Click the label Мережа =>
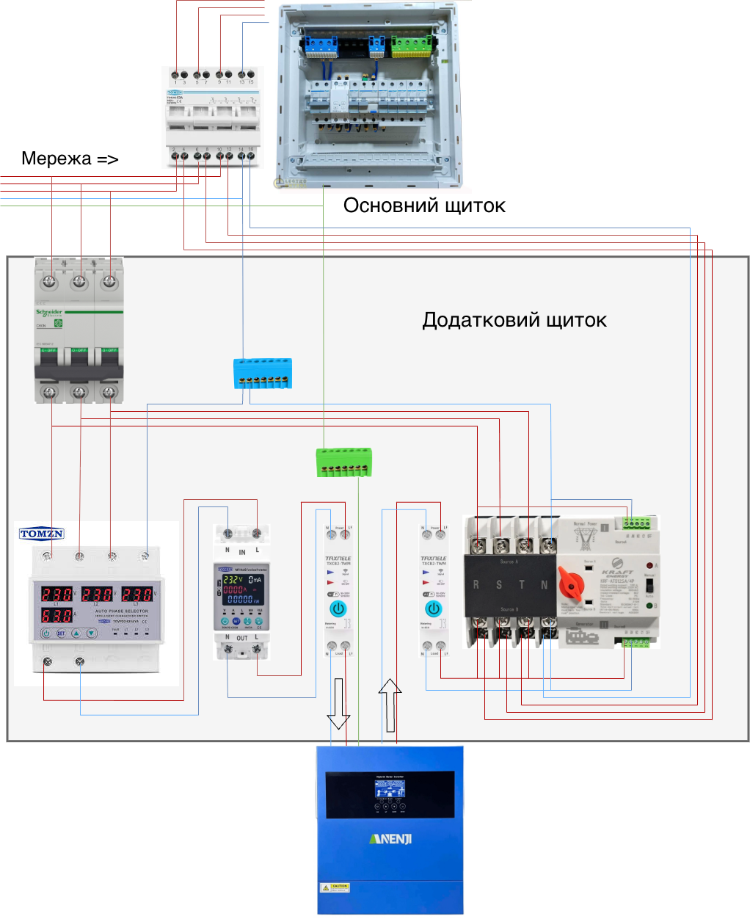pyautogui.click(x=70, y=159)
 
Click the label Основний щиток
pyautogui.click(x=424, y=206)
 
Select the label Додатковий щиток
pyautogui.click(x=514, y=320)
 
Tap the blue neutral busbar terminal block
pyautogui.click(x=263, y=372)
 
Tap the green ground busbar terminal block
pyautogui.click(x=343, y=462)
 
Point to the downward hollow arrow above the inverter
pyautogui.click(x=338, y=703)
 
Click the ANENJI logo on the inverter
pyautogui.click(x=390, y=838)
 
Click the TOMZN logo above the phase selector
pyautogui.click(x=42, y=534)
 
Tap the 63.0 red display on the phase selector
pyautogui.click(x=57, y=614)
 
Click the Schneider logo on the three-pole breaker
pyautogui.click(x=49, y=313)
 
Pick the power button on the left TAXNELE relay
pyautogui.click(x=338, y=609)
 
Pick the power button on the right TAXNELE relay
pyautogui.click(x=434, y=609)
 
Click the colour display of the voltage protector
pyautogui.click(x=241, y=589)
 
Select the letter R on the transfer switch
pyautogui.click(x=476, y=585)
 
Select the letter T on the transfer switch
pyautogui.click(x=522, y=585)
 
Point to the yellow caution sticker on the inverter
pyautogui.click(x=335, y=887)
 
